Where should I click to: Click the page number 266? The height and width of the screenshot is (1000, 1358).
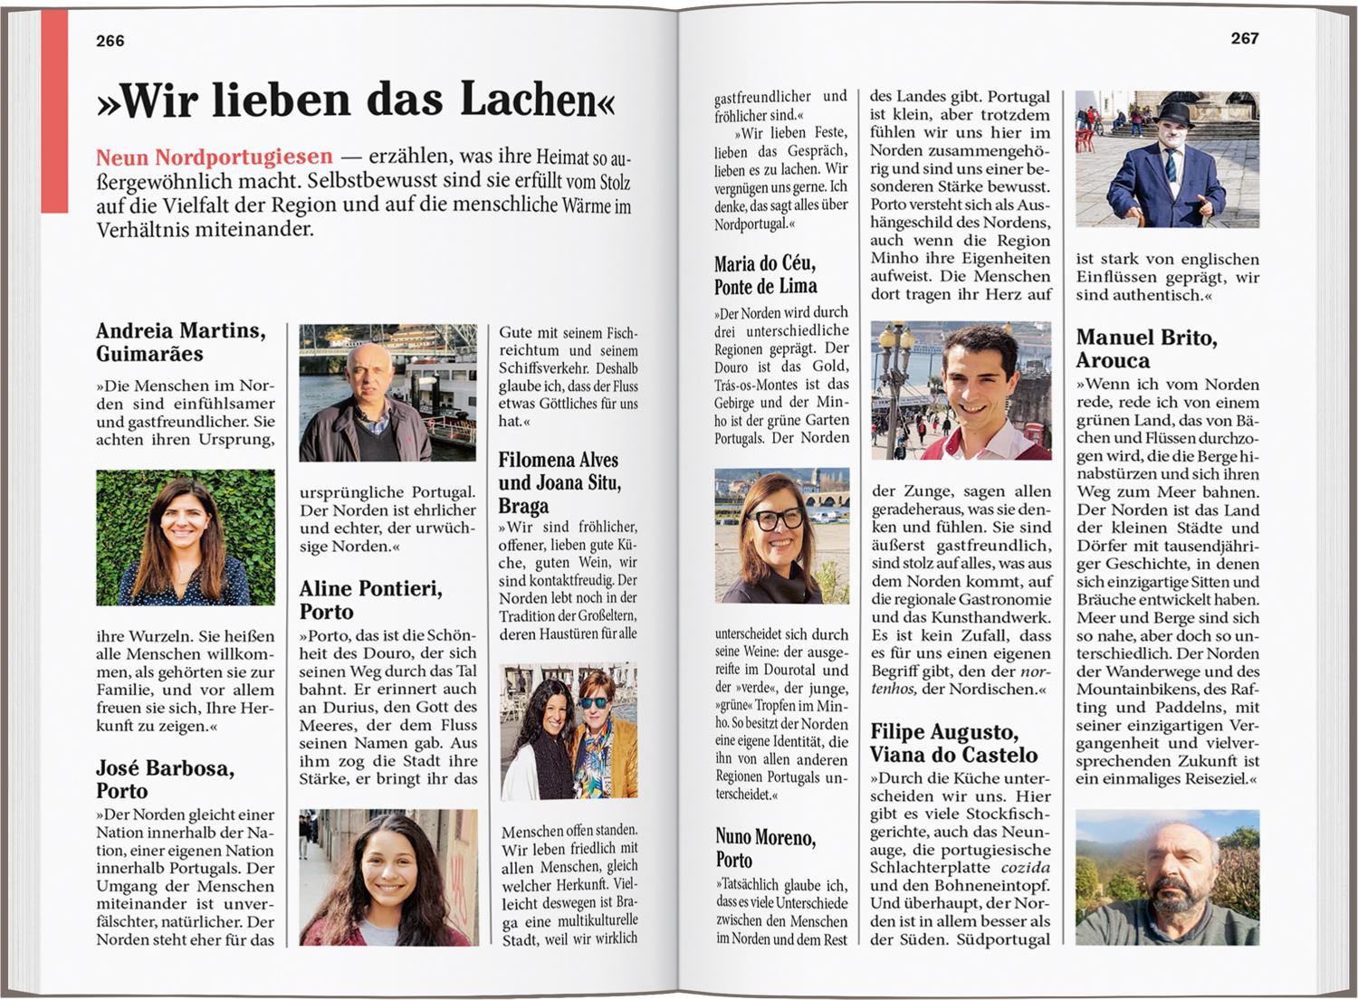pyautogui.click(x=110, y=41)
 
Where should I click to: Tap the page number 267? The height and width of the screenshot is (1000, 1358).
pyautogui.click(x=1244, y=38)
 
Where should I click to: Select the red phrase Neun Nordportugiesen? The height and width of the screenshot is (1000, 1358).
pyautogui.click(x=215, y=157)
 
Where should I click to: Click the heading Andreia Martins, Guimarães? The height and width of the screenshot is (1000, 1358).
pyautogui.click(x=181, y=342)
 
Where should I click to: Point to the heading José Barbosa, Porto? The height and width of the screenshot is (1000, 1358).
pyautogui.click(x=165, y=779)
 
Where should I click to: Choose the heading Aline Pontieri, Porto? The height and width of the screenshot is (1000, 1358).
pyautogui.click(x=370, y=600)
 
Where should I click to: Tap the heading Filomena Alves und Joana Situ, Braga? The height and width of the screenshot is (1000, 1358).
pyautogui.click(x=559, y=482)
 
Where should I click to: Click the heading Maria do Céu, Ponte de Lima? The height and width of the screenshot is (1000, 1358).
pyautogui.click(x=765, y=275)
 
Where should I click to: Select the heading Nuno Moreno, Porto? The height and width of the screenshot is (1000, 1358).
pyautogui.click(x=765, y=848)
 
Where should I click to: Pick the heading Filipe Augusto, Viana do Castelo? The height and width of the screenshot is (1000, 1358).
pyautogui.click(x=953, y=743)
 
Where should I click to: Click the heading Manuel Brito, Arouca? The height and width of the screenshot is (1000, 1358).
pyautogui.click(x=1146, y=348)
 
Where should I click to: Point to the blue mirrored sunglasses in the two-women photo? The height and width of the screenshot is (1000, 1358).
pyautogui.click(x=594, y=703)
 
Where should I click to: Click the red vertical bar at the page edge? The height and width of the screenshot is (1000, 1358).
pyautogui.click(x=54, y=111)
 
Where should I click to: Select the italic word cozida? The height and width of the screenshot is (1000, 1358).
pyautogui.click(x=1026, y=867)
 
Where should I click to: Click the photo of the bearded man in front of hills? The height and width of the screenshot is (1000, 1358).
pyautogui.click(x=1167, y=877)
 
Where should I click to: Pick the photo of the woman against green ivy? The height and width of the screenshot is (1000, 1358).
pyautogui.click(x=186, y=538)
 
